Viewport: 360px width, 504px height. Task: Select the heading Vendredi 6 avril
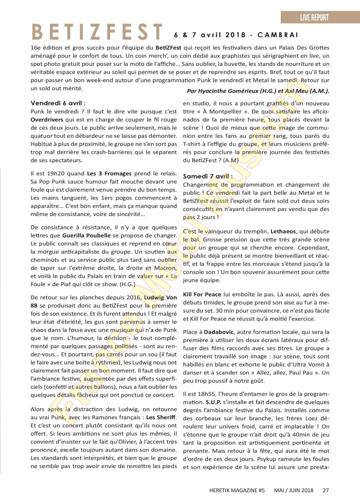click(58, 103)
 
